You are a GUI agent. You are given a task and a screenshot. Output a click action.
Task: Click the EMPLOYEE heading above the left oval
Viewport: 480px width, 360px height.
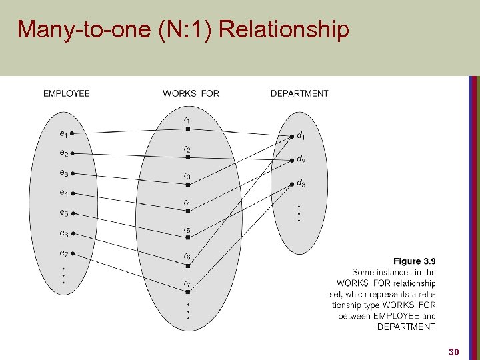coord(66,93)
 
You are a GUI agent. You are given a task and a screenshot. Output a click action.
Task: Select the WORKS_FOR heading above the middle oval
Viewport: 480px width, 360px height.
coord(191,93)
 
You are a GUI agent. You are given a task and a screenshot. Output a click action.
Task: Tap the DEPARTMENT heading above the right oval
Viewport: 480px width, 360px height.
coord(299,93)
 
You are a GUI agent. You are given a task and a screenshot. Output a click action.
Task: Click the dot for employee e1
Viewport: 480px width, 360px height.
coord(72,133)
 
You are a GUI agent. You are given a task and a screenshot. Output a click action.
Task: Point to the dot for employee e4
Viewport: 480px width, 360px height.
coord(72,194)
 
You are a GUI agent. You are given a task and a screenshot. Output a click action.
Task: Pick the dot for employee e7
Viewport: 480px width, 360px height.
coord(72,254)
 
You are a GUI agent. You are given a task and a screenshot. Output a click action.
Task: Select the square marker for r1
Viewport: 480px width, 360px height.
coord(188,129)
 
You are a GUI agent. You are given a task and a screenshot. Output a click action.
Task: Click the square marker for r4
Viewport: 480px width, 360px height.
coord(188,211)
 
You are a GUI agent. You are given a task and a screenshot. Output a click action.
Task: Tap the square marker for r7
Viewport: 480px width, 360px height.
coord(188,292)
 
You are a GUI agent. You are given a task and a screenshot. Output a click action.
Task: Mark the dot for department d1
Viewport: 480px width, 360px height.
coord(291,137)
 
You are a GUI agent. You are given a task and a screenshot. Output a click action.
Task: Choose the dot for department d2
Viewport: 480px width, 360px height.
coord(291,161)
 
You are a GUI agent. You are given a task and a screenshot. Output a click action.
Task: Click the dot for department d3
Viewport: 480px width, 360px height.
coord(291,184)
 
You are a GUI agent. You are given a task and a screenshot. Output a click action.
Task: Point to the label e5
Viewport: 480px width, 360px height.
coord(63,213)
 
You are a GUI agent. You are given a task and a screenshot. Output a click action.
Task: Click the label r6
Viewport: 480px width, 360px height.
coord(187,257)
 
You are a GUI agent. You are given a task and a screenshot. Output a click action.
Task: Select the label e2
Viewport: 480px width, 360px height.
coord(63,153)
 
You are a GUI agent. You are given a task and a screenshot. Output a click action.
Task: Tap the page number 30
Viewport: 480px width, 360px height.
coord(454,351)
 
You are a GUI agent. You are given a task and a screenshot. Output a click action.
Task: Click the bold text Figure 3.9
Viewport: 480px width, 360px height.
coord(415,261)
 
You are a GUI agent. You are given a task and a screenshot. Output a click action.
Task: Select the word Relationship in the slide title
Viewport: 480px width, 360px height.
coord(283,29)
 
